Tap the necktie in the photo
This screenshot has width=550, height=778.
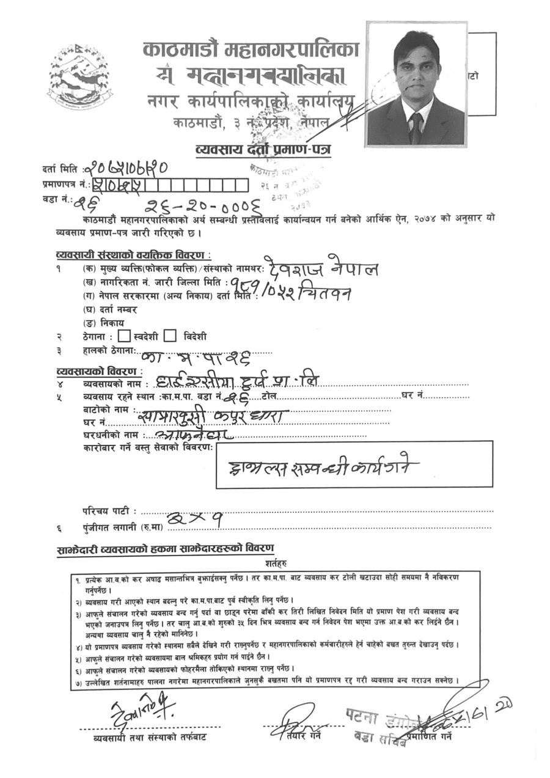pos(416,129)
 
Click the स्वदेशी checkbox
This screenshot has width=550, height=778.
pos(123,336)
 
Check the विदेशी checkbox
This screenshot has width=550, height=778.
pos(170,336)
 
